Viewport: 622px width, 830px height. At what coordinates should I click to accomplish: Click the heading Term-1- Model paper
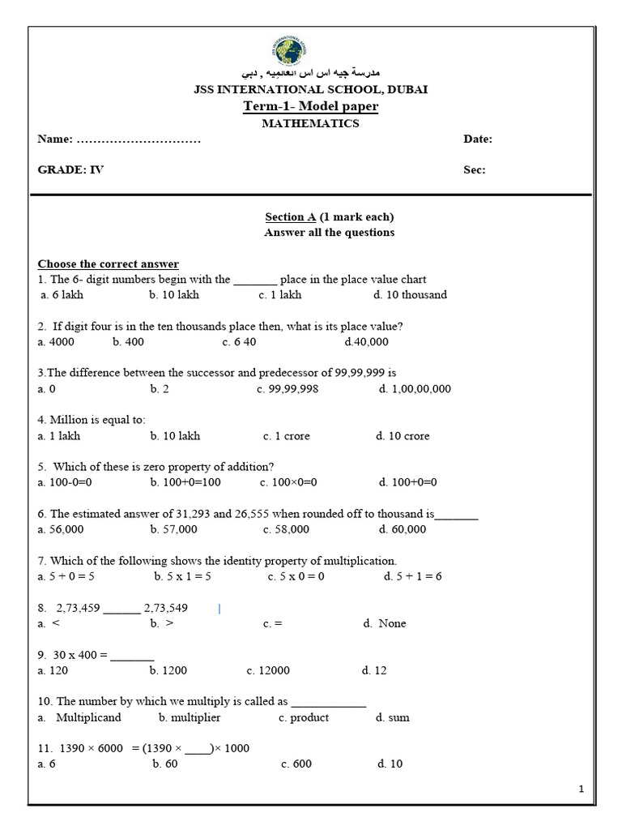coord(311,107)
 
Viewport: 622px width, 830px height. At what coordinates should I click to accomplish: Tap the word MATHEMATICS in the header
coord(311,123)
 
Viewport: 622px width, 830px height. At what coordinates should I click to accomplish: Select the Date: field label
coord(478,139)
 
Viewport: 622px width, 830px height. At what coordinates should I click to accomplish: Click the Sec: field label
coord(475,170)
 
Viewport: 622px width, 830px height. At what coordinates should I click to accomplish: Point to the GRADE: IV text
coord(71,170)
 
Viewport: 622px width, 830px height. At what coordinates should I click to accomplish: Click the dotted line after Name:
coord(138,140)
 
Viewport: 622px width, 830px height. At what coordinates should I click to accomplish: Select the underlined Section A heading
coord(291,217)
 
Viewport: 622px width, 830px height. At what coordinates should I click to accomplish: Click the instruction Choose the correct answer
coord(109,264)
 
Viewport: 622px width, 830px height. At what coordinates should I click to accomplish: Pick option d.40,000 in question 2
coord(366,342)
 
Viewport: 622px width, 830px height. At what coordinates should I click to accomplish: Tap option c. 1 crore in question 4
coord(286,436)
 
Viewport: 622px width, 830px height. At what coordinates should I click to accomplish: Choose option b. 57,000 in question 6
coord(173,530)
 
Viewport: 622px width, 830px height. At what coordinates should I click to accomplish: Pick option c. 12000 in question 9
coord(268,671)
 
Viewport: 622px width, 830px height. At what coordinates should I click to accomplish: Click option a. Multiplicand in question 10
coord(79,718)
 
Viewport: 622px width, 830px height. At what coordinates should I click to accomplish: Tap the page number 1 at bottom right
coord(582,789)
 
